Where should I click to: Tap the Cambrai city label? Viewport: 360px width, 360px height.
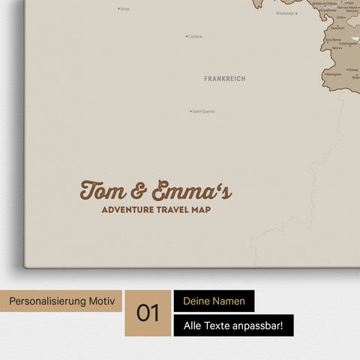tap(196, 36)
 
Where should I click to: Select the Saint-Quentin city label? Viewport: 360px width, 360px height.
tap(204, 112)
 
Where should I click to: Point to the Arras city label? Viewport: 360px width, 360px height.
tap(125, 9)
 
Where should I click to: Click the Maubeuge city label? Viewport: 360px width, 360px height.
tap(285, 13)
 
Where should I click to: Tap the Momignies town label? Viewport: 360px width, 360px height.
tap(334, 74)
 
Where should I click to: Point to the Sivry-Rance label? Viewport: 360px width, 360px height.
tap(334, 40)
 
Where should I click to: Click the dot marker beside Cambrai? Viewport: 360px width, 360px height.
tap(186, 36)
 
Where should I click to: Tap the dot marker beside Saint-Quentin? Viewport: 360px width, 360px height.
tap(190, 112)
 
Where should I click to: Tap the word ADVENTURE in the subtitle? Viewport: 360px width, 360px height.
tap(128, 210)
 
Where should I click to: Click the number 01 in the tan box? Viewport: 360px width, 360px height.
tap(148, 313)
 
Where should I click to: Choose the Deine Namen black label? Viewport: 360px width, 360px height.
tap(214, 301)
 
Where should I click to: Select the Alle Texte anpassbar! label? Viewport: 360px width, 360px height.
tap(233, 325)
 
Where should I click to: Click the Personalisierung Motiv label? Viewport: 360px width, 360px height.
tap(61, 301)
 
